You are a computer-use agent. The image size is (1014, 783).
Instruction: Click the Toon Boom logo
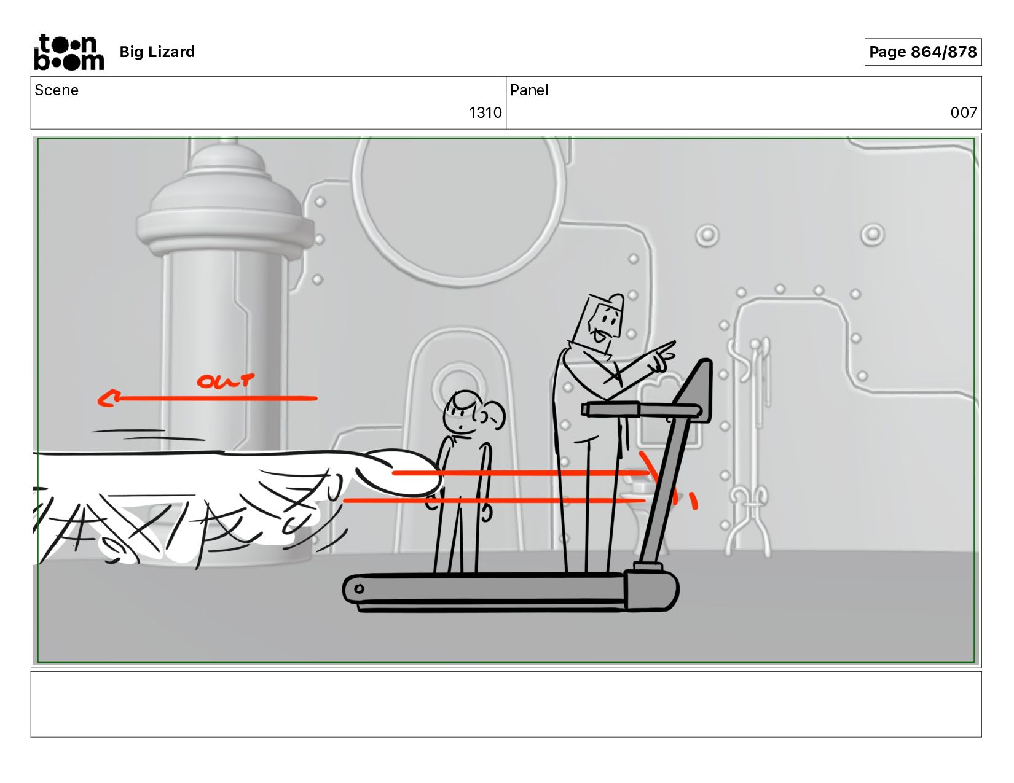point(69,52)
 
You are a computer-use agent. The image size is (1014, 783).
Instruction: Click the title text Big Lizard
point(157,52)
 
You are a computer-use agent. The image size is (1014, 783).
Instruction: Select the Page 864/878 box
point(922,52)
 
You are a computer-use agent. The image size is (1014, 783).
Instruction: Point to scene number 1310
point(485,112)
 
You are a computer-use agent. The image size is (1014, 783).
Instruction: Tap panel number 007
point(964,112)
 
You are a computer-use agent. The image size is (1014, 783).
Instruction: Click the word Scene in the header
point(57,90)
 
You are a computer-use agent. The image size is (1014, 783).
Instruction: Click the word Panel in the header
point(529,90)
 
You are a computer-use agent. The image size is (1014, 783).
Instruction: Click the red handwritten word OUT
point(226,381)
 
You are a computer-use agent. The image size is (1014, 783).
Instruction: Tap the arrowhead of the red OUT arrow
point(108,399)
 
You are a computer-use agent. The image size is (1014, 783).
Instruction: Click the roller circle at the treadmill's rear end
point(359,588)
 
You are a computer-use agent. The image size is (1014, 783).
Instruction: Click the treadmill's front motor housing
point(651,590)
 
